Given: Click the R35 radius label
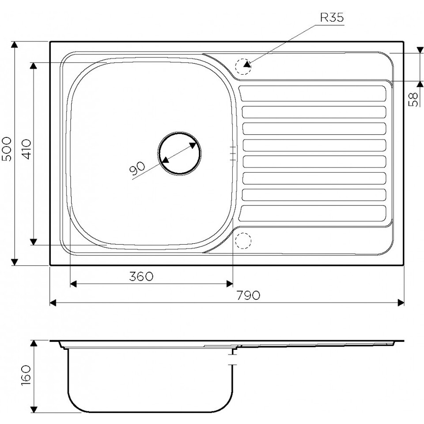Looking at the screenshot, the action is click(x=332, y=18).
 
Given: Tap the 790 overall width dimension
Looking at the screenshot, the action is click(x=248, y=295).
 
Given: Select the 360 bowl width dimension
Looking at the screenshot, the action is click(x=141, y=276).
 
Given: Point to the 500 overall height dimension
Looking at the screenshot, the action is click(x=7, y=149).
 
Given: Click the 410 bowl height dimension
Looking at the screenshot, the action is click(x=27, y=149).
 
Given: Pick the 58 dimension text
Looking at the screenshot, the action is click(x=413, y=99).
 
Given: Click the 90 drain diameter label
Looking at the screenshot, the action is click(x=138, y=169).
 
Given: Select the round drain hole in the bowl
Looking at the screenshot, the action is click(x=179, y=154).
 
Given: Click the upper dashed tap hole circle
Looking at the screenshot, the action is click(x=243, y=66).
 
